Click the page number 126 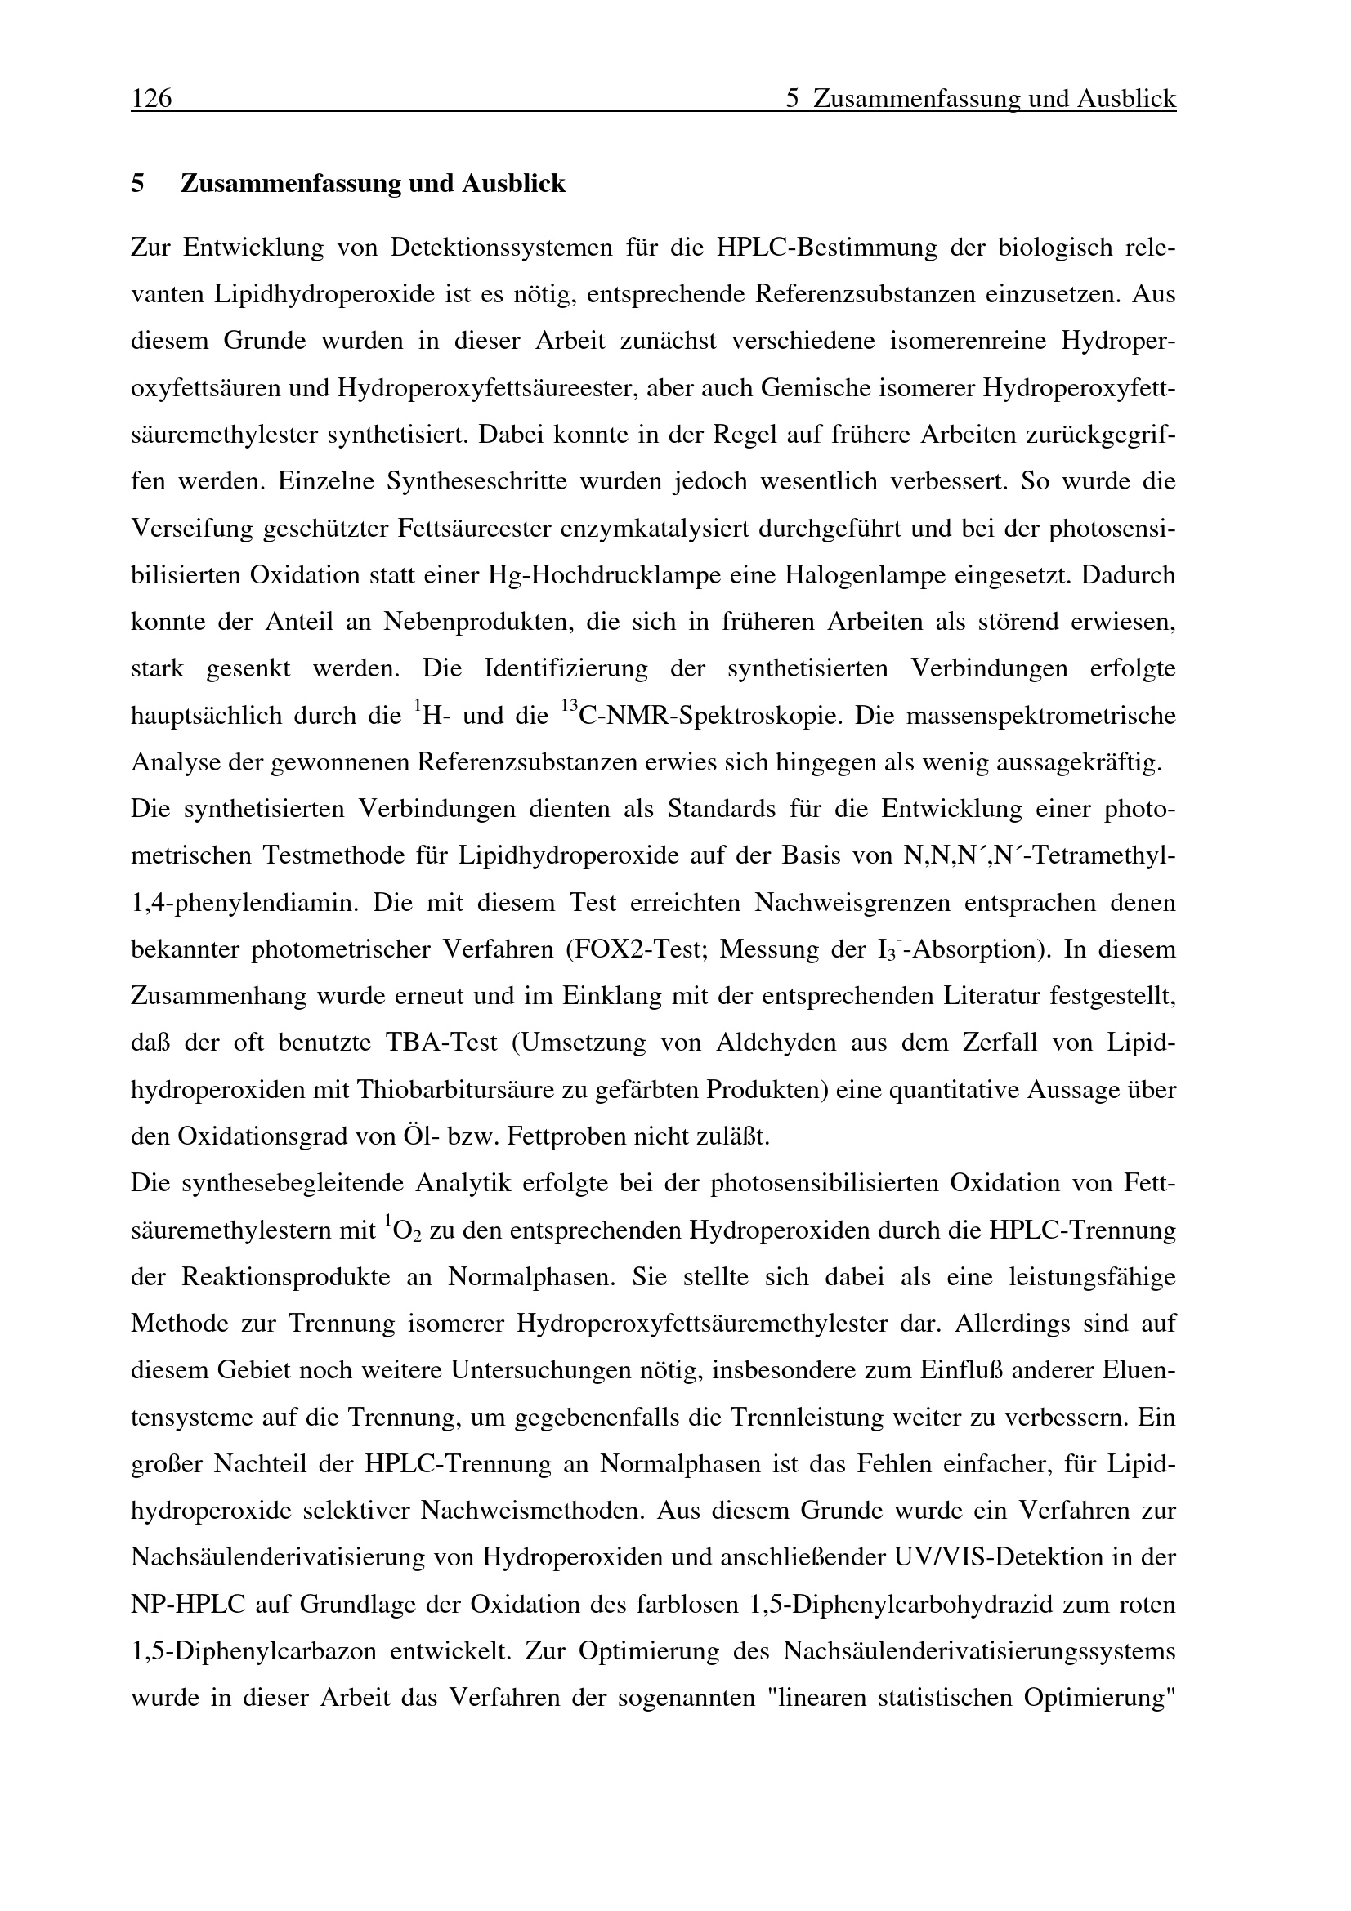151,99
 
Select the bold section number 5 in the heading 137,183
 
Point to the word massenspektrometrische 1040,715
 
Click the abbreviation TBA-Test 441,1043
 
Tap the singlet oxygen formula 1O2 403,1230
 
